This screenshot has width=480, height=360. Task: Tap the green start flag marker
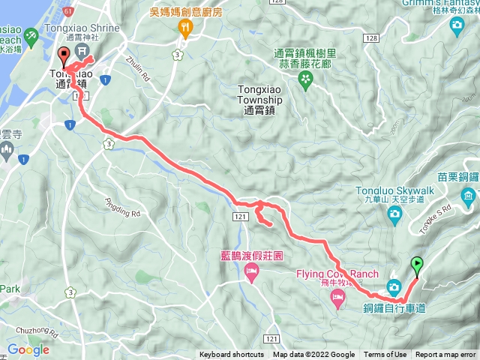point(416,264)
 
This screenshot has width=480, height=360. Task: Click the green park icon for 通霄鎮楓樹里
point(306,82)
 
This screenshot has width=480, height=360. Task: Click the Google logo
point(28,349)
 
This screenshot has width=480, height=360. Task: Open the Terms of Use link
point(385,355)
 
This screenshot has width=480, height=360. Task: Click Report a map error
point(445,355)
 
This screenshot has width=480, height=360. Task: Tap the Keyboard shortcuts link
point(232,355)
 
